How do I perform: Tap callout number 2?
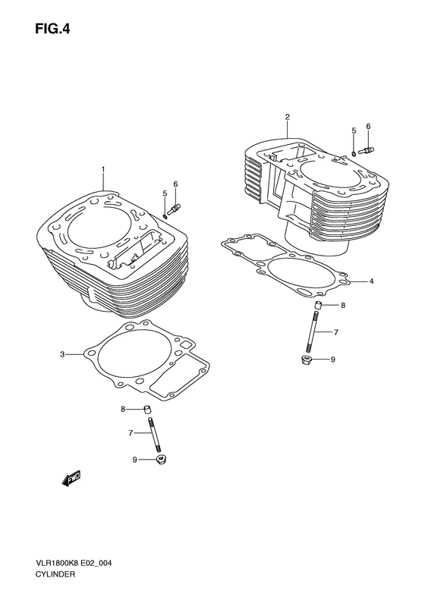(288, 117)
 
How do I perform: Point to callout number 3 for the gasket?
(64, 354)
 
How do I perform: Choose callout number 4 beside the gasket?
(371, 282)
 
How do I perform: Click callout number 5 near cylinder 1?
(165, 193)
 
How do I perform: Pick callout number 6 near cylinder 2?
(368, 126)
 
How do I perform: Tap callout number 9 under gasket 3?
(135, 459)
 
